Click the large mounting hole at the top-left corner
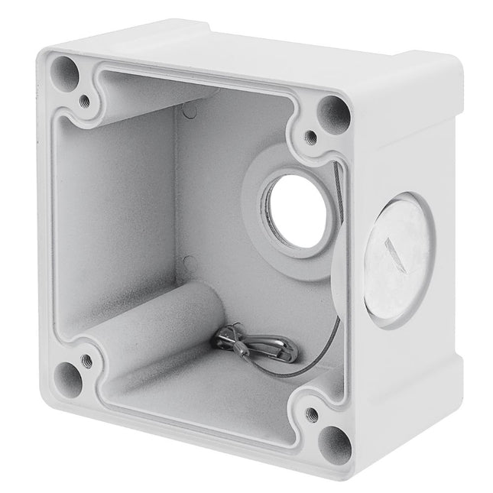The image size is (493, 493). pyautogui.click(x=66, y=75)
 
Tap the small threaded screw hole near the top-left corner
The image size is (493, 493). pyautogui.click(x=84, y=100)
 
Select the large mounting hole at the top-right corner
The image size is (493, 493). pyautogui.click(x=334, y=115)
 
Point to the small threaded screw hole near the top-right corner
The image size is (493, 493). pyautogui.click(x=310, y=138)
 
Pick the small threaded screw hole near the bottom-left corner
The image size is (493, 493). pyautogui.click(x=86, y=358)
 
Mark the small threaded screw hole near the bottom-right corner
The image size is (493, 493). pyautogui.click(x=311, y=415)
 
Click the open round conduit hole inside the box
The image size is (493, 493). pyautogui.click(x=296, y=210)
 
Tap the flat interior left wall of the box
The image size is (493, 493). pyautogui.click(x=115, y=214)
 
